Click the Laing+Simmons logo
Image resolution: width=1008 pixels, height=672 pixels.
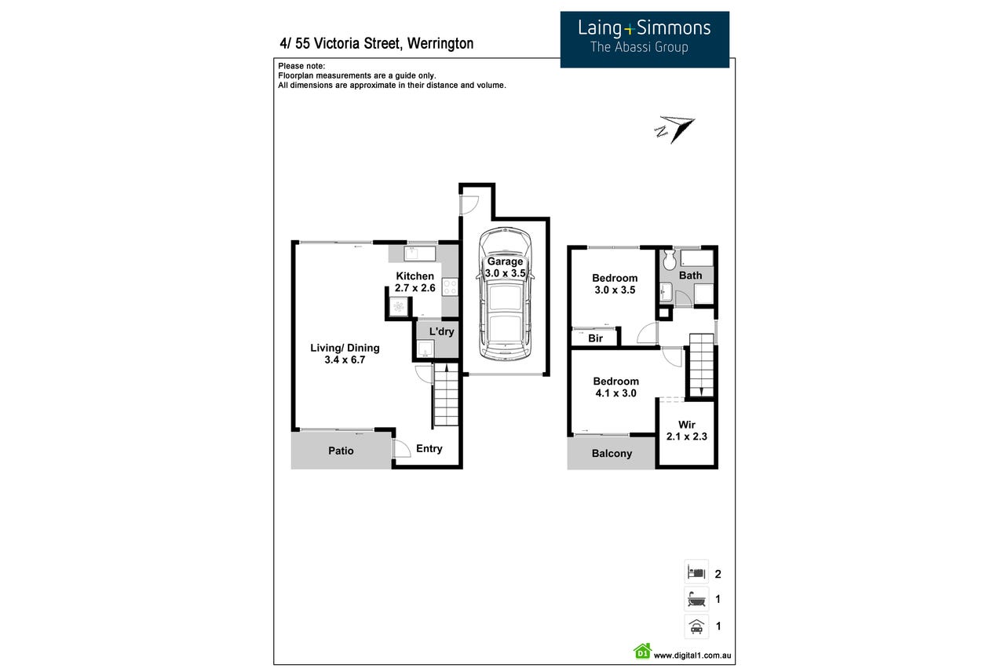coord(645,39)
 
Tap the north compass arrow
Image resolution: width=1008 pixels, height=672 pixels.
coord(674,130)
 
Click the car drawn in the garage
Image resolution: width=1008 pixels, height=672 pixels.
coord(505,294)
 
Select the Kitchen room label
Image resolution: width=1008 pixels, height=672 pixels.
coord(415,282)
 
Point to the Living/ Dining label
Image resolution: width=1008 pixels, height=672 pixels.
coord(345,353)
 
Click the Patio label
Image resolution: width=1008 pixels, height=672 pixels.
coord(341,451)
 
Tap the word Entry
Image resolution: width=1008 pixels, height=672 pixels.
coord(429,448)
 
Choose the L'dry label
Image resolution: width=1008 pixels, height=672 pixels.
coord(441,332)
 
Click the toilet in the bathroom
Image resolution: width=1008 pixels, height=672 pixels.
coord(670,260)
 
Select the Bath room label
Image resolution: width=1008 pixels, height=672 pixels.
coord(690,276)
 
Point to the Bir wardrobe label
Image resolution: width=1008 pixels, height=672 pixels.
coord(595,338)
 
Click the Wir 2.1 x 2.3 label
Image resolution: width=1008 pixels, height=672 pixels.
coord(687,430)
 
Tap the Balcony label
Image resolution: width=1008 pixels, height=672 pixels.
coord(612,453)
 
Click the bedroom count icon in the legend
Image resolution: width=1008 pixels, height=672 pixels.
coord(696,573)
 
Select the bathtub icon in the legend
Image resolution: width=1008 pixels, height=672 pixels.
coord(696,599)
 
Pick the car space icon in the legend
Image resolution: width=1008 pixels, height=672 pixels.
coord(696,626)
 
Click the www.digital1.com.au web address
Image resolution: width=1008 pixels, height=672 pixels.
coord(692,656)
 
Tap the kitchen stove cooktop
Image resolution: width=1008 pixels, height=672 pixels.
coord(450,287)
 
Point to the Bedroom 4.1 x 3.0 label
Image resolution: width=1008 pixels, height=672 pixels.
coord(615,387)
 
